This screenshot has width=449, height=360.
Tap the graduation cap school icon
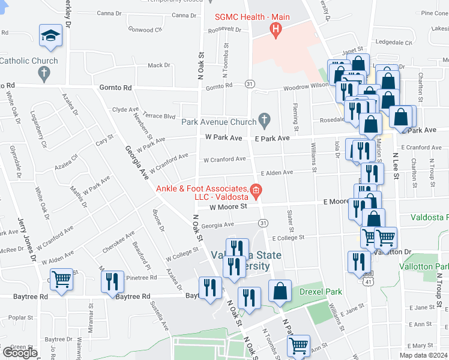(49, 36)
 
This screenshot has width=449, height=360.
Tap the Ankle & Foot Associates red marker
(256, 192)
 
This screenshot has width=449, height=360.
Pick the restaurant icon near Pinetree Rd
(112, 282)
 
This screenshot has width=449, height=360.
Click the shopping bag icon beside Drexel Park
(280, 292)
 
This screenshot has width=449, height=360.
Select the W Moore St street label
(228, 208)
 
